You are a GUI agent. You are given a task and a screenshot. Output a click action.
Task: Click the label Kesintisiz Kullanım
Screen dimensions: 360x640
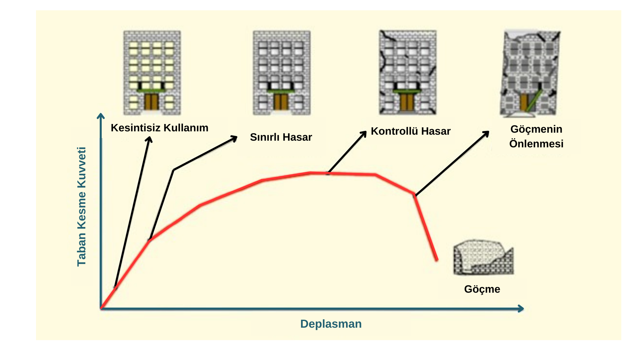pyautogui.click(x=159, y=128)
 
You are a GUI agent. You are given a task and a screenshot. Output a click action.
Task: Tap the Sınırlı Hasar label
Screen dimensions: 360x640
pyautogui.click(x=281, y=137)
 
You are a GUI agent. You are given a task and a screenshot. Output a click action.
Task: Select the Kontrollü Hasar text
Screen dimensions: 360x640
pyautogui.click(x=410, y=131)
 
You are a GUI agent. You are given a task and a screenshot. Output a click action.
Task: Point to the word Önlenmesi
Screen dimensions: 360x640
pyautogui.click(x=536, y=144)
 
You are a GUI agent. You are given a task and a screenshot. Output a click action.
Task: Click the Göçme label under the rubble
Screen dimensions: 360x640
pyautogui.click(x=482, y=289)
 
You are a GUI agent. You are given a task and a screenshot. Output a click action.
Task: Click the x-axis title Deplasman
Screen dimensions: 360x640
pyautogui.click(x=331, y=324)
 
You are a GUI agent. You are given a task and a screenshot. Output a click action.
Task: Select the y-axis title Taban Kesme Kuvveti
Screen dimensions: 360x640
pyautogui.click(x=82, y=207)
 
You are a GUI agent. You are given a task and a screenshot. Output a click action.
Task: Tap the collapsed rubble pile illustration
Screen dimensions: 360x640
pyautogui.click(x=483, y=257)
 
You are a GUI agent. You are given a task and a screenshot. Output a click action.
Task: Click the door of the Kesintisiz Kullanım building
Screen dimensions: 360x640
pyautogui.click(x=151, y=102)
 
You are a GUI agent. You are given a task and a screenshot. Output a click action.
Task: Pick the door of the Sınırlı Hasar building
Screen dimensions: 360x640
pyautogui.click(x=281, y=102)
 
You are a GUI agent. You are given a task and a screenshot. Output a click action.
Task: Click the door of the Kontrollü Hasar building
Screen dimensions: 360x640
pyautogui.click(x=406, y=102)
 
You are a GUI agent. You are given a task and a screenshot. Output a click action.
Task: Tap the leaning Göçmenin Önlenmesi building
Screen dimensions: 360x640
pyautogui.click(x=530, y=73)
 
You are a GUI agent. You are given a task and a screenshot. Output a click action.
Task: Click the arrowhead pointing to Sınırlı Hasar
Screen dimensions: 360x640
pyautogui.click(x=235, y=138)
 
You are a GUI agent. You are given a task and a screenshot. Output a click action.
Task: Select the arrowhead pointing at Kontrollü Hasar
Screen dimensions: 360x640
pyautogui.click(x=364, y=133)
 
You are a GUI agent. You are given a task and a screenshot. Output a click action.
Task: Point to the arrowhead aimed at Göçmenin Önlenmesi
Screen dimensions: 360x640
pyautogui.click(x=486, y=133)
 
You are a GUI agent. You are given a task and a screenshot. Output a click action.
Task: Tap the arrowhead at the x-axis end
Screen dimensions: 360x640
pyautogui.click(x=521, y=309)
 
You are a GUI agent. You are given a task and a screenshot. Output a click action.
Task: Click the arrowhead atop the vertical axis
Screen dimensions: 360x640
pyautogui.click(x=101, y=116)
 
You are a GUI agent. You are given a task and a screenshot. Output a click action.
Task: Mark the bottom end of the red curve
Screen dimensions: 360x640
pyautogui.click(x=437, y=260)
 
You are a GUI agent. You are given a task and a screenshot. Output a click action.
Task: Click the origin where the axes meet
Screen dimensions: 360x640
pyautogui.click(x=101, y=308)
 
